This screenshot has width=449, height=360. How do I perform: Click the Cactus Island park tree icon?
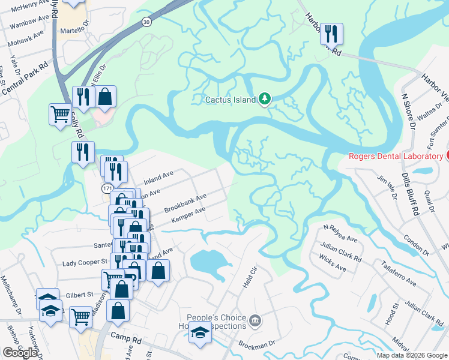(264, 99)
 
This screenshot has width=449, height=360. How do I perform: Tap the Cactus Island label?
(230, 100)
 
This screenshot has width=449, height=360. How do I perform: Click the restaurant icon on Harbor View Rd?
(331, 34)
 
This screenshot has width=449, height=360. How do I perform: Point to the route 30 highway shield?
(146, 22)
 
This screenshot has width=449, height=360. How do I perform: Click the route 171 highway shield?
(106, 188)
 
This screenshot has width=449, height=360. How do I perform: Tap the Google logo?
(20, 353)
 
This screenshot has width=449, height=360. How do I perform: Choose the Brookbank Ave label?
(185, 203)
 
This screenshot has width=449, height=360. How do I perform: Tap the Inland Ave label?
(158, 178)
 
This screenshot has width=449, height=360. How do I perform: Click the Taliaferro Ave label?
(399, 273)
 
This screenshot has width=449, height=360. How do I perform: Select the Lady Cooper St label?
(85, 263)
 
